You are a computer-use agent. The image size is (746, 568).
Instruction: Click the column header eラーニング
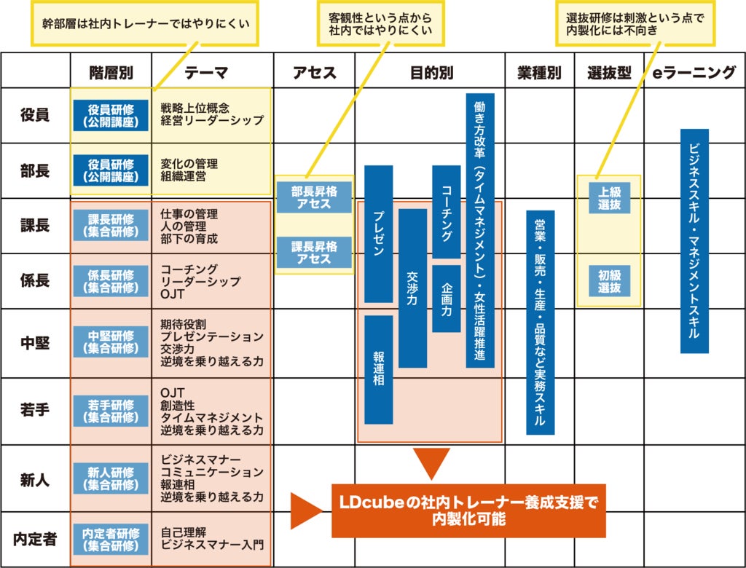point(694,72)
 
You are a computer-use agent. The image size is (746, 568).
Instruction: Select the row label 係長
point(35,281)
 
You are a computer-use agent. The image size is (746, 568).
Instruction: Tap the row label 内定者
point(35,540)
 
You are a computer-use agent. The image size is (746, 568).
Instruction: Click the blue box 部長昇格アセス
point(314,197)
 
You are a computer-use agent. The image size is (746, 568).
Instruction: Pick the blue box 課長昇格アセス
point(314,253)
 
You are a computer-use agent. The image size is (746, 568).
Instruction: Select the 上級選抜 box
point(609,197)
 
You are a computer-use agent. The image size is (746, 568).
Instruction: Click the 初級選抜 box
point(609,281)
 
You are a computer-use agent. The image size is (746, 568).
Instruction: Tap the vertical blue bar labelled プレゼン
point(379,233)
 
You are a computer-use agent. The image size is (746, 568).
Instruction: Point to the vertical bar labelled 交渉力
point(412,288)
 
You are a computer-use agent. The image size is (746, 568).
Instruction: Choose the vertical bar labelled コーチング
point(446,212)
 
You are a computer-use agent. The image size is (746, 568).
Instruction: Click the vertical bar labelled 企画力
point(446,299)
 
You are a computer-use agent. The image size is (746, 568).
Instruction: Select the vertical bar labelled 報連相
point(379,369)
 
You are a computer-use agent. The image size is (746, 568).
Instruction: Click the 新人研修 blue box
point(111,478)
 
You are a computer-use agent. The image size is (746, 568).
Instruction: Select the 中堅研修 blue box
point(111,342)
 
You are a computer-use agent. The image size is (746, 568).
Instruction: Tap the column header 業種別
point(539,72)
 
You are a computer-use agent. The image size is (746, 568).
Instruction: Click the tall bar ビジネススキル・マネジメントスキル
point(694,241)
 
